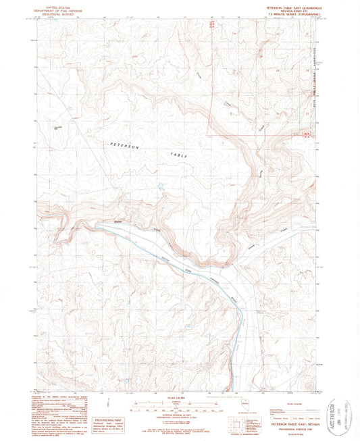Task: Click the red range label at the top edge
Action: coord(211,24)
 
